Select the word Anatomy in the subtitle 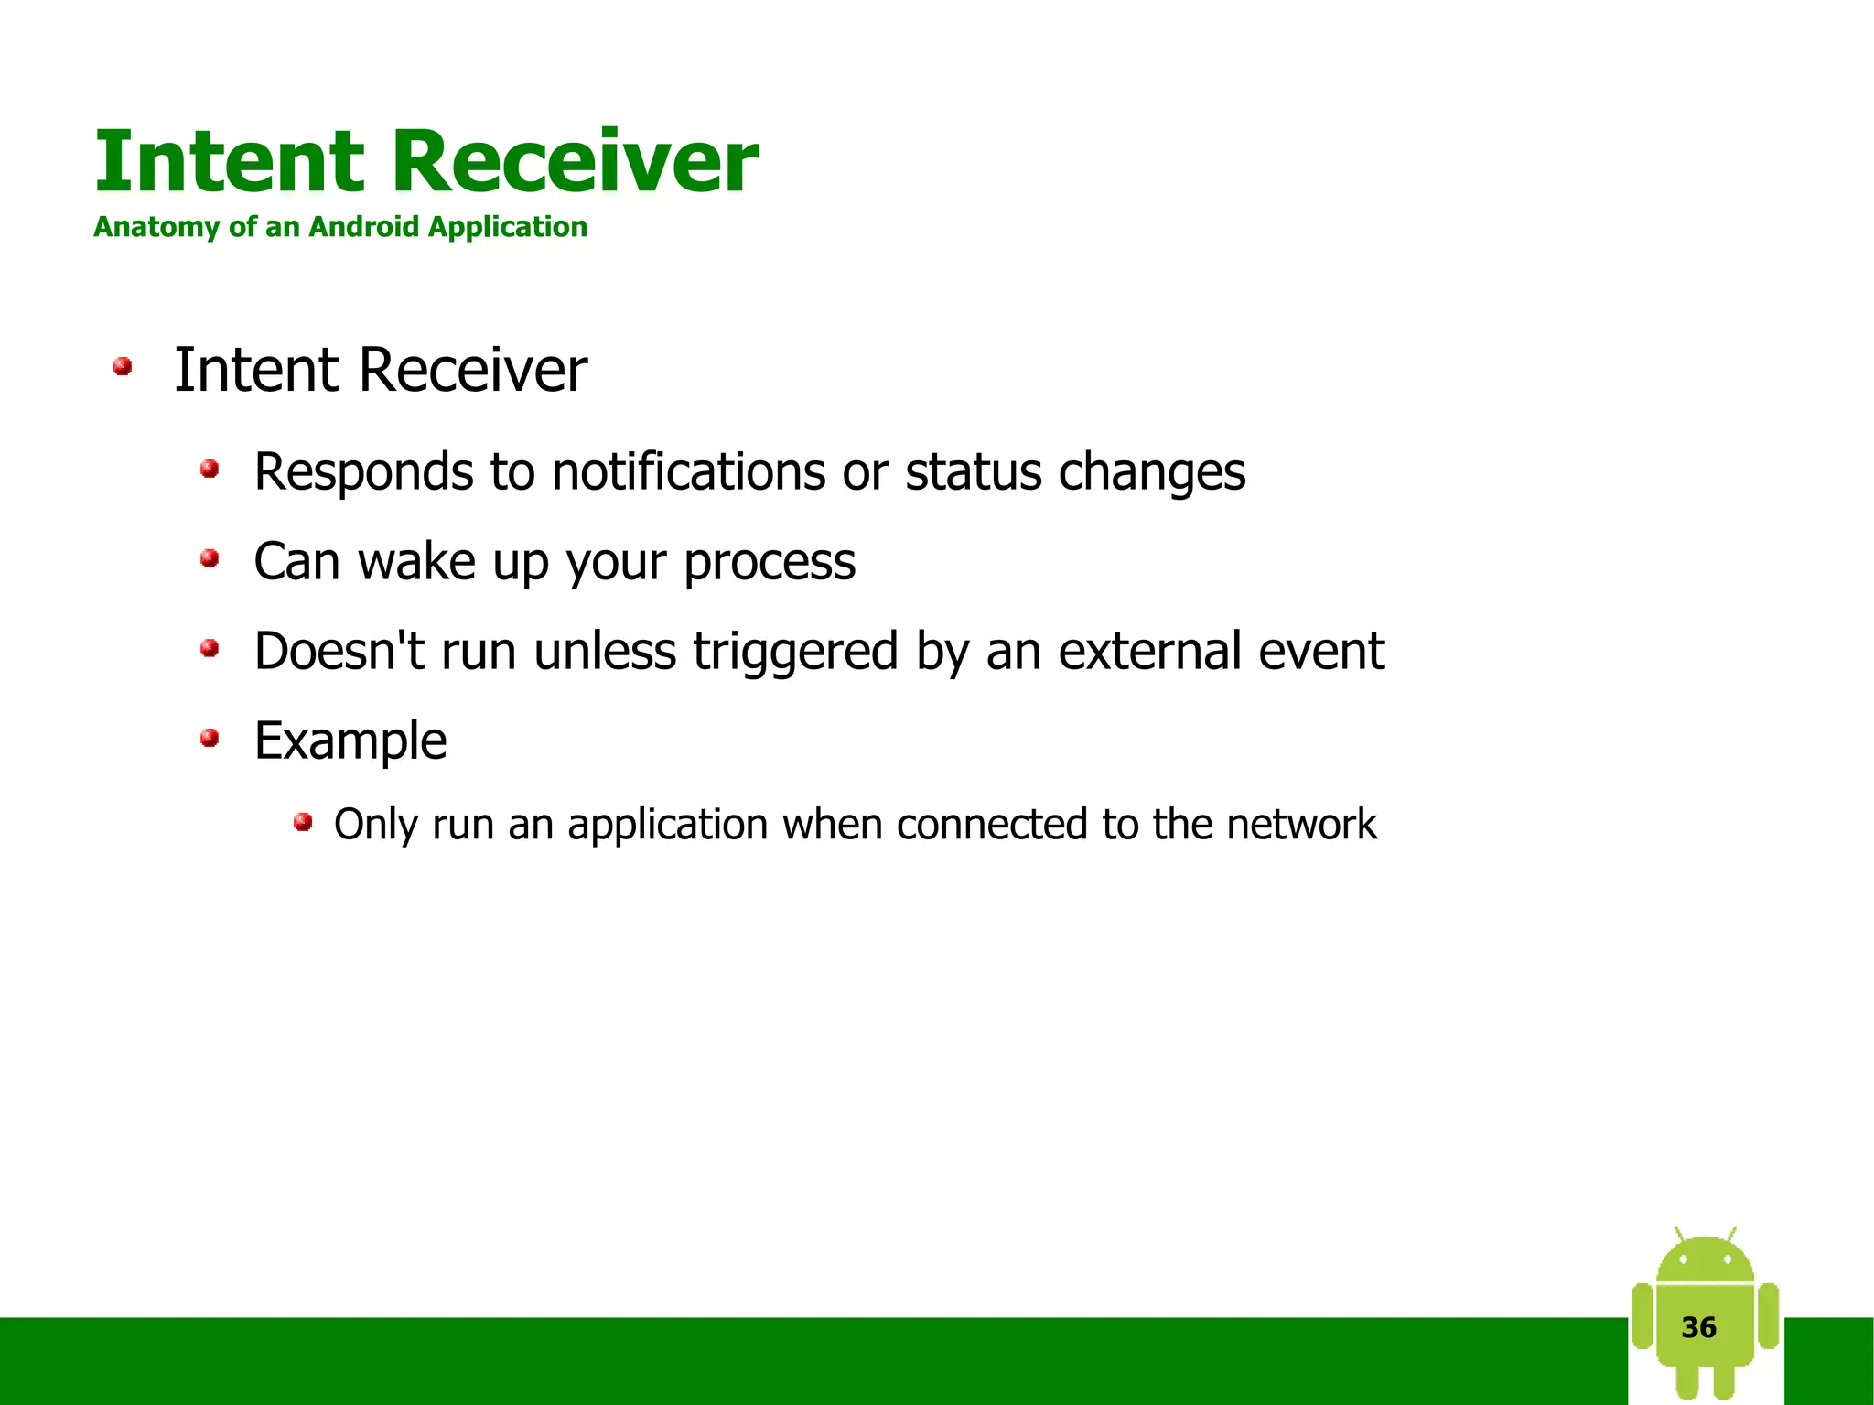156,226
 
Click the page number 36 1698,1327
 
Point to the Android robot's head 1705,1261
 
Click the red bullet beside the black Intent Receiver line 122,367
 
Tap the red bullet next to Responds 210,470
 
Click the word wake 416,561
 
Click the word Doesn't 339,651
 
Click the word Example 350,740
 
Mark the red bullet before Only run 303,822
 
